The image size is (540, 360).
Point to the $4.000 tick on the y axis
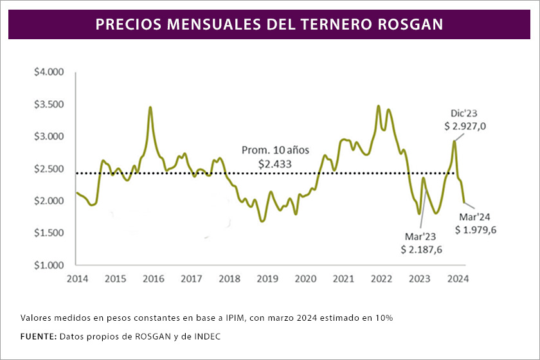coord(49,72)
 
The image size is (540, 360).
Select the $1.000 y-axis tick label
coord(49,265)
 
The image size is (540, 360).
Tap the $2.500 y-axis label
coord(49,168)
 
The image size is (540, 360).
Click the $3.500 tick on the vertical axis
coord(49,104)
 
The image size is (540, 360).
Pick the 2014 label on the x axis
coord(76,279)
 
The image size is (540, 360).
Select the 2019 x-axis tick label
coord(267,279)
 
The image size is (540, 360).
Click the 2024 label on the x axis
coord(457,279)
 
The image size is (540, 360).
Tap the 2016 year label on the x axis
coord(152,279)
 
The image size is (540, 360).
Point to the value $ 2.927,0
coord(465,127)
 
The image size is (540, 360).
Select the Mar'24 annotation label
coord(475,217)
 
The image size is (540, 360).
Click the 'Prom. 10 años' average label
coord(275,150)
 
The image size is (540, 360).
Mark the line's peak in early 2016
coord(150,107)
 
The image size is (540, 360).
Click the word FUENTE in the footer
coord(38,336)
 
